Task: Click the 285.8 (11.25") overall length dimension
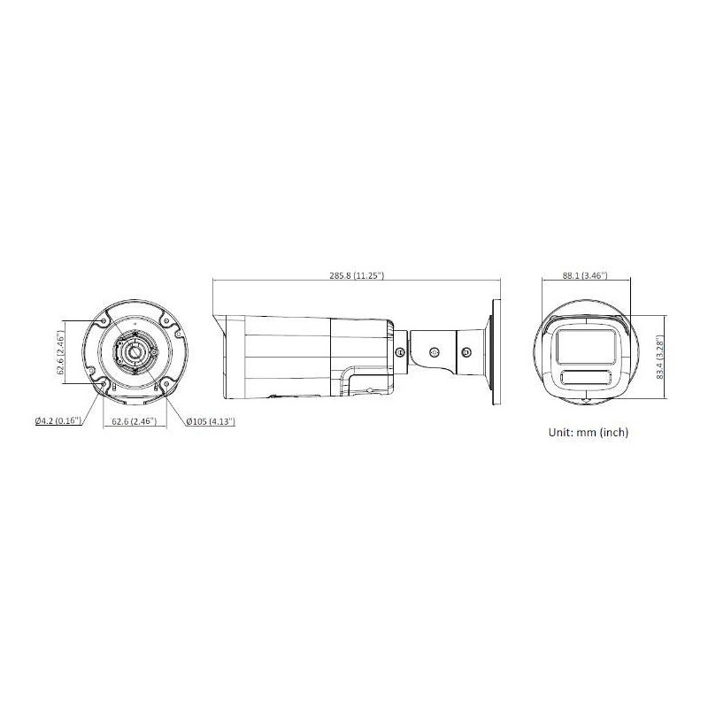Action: pos(356,276)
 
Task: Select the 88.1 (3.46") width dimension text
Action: pos(585,276)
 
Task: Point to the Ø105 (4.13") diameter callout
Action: pos(211,422)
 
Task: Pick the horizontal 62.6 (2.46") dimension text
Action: pos(134,422)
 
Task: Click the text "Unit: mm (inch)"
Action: pos(589,434)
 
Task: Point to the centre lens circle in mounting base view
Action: pos(133,352)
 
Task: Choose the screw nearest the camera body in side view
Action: pos(401,352)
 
